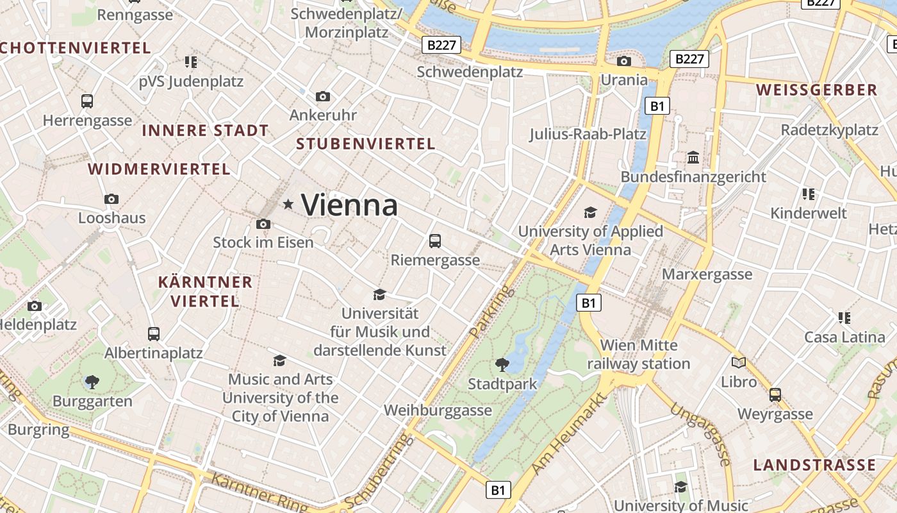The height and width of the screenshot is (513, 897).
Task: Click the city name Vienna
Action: (350, 205)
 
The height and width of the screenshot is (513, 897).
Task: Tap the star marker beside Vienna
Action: (288, 205)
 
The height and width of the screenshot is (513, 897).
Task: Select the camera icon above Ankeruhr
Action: (323, 97)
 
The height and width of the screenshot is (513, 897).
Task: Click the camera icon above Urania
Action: (623, 62)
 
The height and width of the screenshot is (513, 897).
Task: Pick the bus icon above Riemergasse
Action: (435, 241)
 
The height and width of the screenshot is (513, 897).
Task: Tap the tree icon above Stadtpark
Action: (502, 365)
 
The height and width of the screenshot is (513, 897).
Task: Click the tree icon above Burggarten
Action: (92, 382)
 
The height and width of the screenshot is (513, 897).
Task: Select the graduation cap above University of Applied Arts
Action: (590, 212)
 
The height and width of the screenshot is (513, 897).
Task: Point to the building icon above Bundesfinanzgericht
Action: (693, 158)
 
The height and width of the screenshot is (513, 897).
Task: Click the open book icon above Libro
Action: (739, 362)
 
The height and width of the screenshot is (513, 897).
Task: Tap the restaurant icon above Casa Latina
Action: (844, 317)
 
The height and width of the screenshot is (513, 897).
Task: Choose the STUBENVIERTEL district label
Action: (366, 144)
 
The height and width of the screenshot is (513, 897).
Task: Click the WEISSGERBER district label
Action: (816, 90)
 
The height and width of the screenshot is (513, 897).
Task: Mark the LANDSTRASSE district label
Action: (814, 465)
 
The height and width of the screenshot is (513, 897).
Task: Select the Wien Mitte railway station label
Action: (639, 355)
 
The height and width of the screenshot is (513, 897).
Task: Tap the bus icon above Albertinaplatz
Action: (154, 333)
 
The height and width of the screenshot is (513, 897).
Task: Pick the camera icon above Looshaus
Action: (111, 199)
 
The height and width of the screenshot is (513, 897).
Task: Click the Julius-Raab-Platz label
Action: (588, 134)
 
